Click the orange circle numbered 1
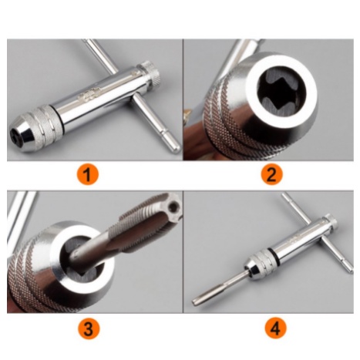[x=88, y=174]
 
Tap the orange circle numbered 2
[x=271, y=174]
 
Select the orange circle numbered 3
[x=88, y=328]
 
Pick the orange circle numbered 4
[x=275, y=328]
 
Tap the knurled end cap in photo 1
[x=150, y=72]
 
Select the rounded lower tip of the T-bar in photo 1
[x=176, y=149]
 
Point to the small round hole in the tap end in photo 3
[x=174, y=207]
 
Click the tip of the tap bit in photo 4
[x=195, y=302]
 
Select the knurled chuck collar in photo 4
[x=262, y=263]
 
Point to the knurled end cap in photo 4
[x=331, y=221]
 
